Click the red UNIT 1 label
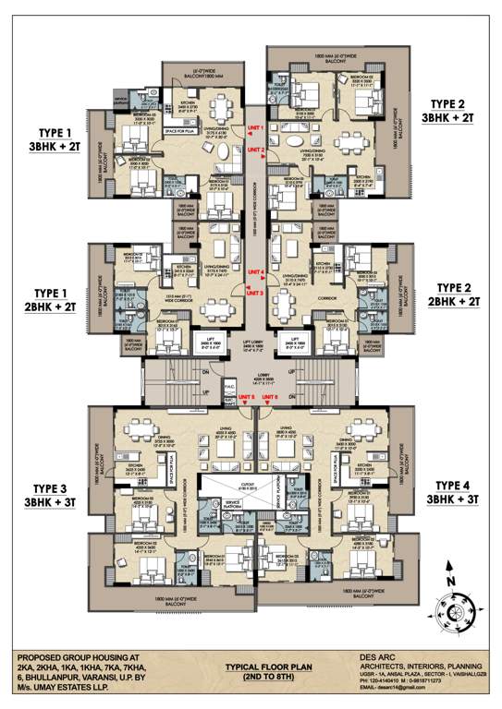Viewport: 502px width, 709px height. click(256, 126)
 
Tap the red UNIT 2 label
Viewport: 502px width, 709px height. click(256, 149)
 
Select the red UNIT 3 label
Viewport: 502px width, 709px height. click(256, 292)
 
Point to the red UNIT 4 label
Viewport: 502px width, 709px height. click(256, 272)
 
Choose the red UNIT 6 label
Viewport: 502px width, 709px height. click(271, 397)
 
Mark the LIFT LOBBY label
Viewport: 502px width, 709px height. click(249, 341)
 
